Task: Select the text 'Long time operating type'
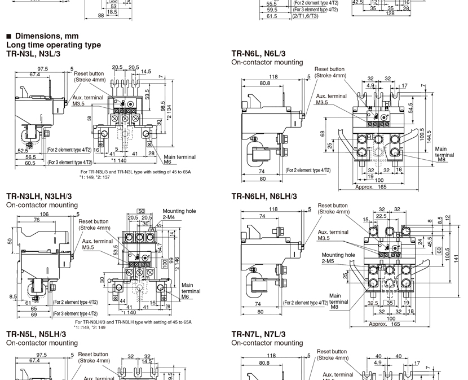point(54,45)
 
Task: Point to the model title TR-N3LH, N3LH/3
point(39,196)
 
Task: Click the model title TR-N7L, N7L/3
point(259,334)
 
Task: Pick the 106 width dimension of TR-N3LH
point(43,214)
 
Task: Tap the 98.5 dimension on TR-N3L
point(162,106)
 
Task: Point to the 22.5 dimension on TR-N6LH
point(382,215)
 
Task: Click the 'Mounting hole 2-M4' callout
point(179,213)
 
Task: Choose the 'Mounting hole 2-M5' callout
point(338,258)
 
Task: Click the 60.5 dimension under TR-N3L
point(29,163)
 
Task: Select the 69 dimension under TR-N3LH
point(34,314)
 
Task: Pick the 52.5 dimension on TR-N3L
point(23,151)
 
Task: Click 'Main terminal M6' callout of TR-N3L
point(179,159)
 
